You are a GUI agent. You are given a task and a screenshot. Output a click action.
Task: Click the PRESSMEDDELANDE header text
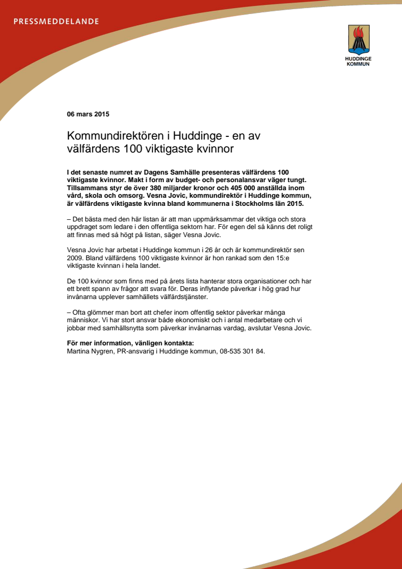coord(56,22)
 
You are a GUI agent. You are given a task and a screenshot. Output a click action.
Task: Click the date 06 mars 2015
coord(88,114)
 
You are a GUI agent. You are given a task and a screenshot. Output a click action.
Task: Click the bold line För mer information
coord(130,343)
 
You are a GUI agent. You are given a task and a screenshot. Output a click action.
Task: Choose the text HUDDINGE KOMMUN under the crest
coord(358,61)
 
